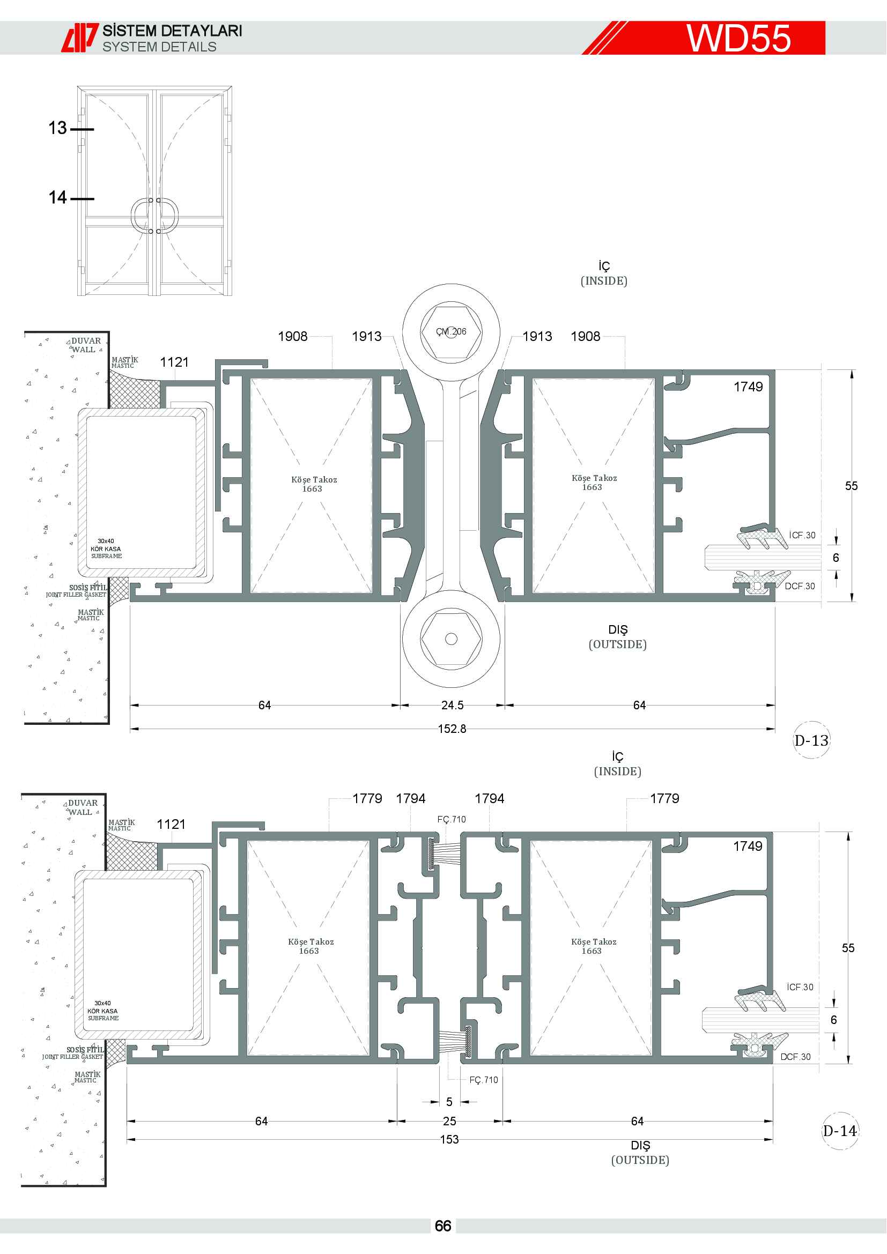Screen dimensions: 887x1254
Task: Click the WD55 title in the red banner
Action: click(x=738, y=38)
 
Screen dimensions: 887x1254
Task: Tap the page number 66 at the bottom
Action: click(x=443, y=1226)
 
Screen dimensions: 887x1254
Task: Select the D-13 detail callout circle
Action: click(x=811, y=740)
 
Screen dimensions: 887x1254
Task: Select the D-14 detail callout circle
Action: click(x=840, y=1131)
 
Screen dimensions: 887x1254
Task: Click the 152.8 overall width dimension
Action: click(x=452, y=729)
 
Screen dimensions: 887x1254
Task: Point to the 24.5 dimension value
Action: click(x=452, y=705)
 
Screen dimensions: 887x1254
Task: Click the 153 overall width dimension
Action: click(x=449, y=1139)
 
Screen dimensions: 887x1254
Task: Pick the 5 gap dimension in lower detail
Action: click(x=449, y=1102)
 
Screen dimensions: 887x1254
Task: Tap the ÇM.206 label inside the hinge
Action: click(x=451, y=331)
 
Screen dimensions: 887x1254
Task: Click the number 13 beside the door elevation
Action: click(x=57, y=128)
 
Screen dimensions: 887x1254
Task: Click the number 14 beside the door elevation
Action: click(x=57, y=197)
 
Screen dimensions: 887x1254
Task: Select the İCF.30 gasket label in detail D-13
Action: click(x=802, y=535)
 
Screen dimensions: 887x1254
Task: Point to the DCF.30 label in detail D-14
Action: click(x=795, y=1057)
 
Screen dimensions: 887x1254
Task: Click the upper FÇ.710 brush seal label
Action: click(x=452, y=819)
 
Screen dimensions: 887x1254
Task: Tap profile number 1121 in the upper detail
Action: click(x=174, y=362)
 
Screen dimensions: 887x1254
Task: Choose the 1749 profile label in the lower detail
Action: click(x=748, y=846)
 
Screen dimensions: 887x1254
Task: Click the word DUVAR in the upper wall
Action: click(x=86, y=341)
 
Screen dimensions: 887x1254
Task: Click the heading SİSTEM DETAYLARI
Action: click(x=172, y=31)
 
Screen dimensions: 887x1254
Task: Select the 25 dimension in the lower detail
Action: click(x=449, y=1121)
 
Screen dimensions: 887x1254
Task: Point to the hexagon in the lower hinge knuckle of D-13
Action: click(x=451, y=639)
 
